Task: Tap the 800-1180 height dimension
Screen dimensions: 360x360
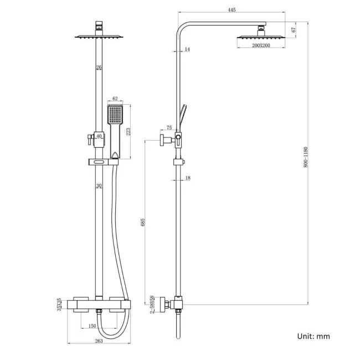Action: coord(306,158)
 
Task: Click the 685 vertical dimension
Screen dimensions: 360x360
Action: coord(143,222)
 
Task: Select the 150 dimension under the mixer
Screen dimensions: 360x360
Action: coord(92,326)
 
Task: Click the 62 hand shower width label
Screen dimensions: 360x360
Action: coord(115,99)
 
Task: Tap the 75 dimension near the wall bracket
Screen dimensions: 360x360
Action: coord(169,127)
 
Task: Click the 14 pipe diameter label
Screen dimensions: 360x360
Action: coord(187,50)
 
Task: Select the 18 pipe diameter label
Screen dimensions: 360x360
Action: coord(187,178)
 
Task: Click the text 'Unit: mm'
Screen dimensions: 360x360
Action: coord(313,336)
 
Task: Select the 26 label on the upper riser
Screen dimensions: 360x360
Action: coord(98,68)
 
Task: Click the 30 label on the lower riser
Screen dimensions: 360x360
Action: coord(98,186)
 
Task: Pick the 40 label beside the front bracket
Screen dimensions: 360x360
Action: coord(99,136)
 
